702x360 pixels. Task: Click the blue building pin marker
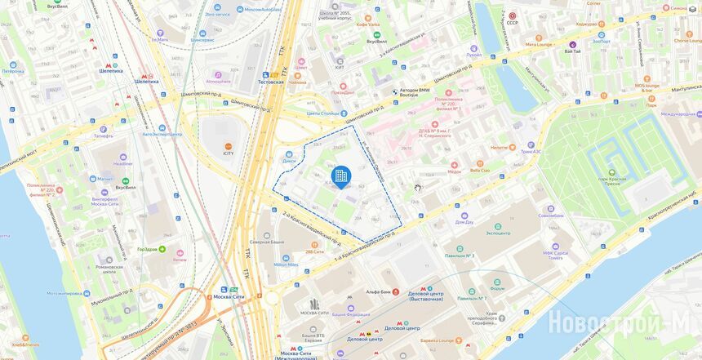[x=340, y=175]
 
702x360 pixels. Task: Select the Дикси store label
[x=289, y=160]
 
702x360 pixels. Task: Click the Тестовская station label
[x=270, y=82]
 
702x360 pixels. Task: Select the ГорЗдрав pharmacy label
[x=147, y=249]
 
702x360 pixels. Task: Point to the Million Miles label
[x=286, y=265]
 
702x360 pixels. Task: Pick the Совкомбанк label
[x=551, y=216]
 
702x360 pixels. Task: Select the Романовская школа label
[x=109, y=266]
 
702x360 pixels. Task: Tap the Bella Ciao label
[x=479, y=170]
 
